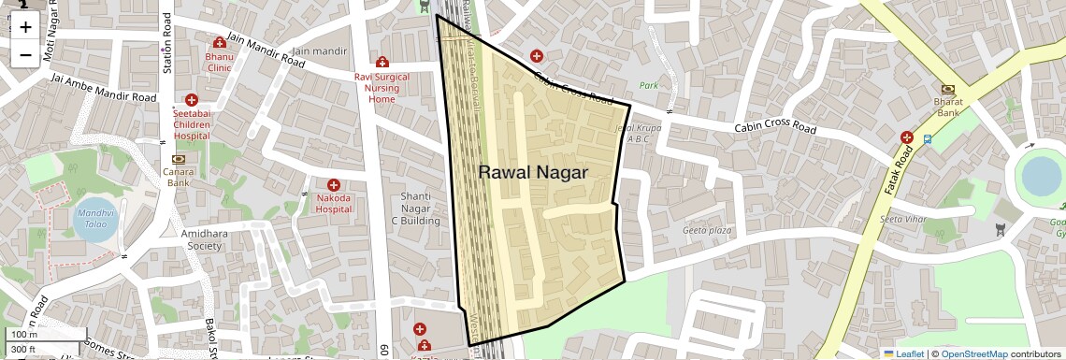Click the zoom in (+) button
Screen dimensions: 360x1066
point(25,27)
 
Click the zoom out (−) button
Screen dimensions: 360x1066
point(25,54)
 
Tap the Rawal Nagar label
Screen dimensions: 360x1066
point(533,172)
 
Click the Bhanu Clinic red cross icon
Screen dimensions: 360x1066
point(219,43)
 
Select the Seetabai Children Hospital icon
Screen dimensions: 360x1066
point(192,100)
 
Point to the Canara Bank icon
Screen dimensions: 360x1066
point(179,159)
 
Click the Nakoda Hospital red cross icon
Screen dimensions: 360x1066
point(333,186)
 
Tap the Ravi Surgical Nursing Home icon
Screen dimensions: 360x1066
point(382,62)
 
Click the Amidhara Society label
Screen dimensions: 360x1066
point(191,238)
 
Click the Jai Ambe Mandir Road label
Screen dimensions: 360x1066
point(103,89)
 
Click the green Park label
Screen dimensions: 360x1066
point(649,85)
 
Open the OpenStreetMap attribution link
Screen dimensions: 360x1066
point(973,354)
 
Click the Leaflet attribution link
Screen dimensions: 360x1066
point(905,354)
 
